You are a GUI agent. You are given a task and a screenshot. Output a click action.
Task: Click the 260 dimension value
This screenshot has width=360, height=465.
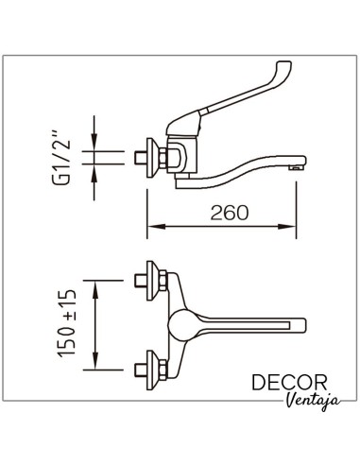click(x=230, y=213)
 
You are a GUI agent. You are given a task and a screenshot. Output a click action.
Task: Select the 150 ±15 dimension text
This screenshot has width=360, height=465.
click(x=67, y=324)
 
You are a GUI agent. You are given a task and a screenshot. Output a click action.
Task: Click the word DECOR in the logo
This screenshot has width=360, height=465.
click(x=289, y=382)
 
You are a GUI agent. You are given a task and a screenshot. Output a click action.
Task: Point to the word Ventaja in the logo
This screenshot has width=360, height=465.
click(x=314, y=401)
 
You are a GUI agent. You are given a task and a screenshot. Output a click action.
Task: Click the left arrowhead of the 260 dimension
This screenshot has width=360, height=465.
click(x=156, y=226)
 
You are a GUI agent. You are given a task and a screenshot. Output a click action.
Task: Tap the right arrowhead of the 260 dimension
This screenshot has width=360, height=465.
click(x=287, y=226)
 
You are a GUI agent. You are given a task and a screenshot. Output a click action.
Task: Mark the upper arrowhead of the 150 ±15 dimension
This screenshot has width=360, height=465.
click(x=95, y=289)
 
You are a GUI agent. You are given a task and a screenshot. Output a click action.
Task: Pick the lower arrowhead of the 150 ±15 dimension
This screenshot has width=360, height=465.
click(x=95, y=360)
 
